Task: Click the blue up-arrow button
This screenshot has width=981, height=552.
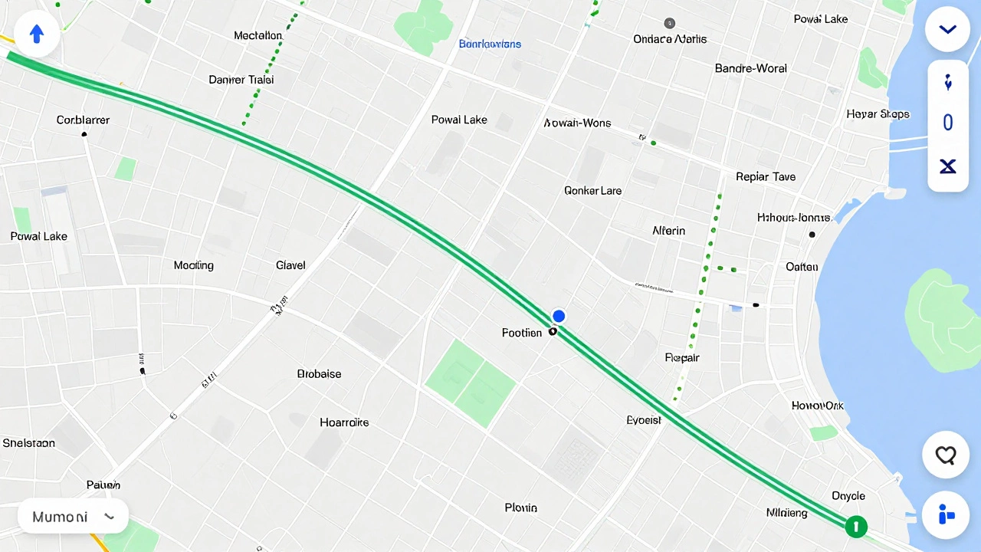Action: [x=37, y=34]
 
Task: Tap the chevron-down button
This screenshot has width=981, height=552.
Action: [x=948, y=30]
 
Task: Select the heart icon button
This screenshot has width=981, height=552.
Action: [x=947, y=455]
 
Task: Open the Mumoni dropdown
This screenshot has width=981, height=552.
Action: [x=73, y=517]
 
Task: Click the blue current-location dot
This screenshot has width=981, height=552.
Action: [x=559, y=316]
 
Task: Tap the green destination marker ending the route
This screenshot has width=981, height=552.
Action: [x=855, y=527]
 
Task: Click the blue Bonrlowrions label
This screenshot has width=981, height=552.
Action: [x=490, y=44]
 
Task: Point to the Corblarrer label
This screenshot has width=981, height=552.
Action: [x=83, y=120]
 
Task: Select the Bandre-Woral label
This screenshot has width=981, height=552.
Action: [x=750, y=68]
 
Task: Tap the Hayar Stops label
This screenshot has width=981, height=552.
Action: [x=878, y=114]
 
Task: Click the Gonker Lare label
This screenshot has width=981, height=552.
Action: [x=592, y=190]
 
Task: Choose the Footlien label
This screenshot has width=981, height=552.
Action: [x=522, y=333]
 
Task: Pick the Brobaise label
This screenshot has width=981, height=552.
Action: [x=319, y=374]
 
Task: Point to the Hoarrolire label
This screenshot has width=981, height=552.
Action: [x=344, y=422]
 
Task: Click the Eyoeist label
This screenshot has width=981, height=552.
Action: [x=644, y=420]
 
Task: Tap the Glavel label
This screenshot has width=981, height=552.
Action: [x=290, y=265]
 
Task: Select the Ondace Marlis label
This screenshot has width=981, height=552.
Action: [x=670, y=39]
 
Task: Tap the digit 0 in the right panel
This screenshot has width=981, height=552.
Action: [x=948, y=123]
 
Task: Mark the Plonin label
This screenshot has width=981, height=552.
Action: [x=521, y=508]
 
